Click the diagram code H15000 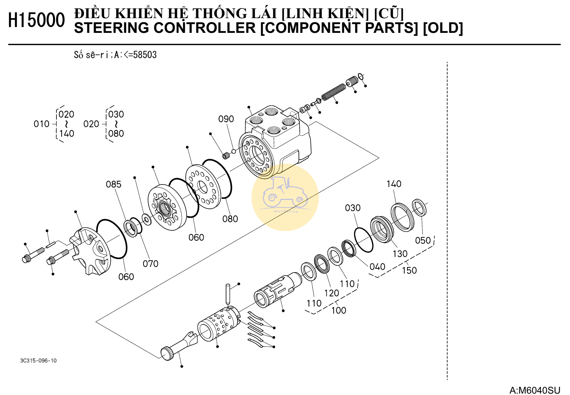pos(36,20)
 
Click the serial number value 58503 pos(145,55)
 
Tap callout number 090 pos(226,119)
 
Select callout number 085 pos(113,184)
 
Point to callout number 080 pos(230,219)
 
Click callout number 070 pos(150,264)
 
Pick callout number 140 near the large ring pos(394,184)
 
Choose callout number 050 pos(423,241)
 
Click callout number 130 pos(400,254)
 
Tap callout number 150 pos(409,271)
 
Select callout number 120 pos(331,293)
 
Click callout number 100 pos(338,310)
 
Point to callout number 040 pos(377,267)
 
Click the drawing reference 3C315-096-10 pos(38,361)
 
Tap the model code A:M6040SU pos(534,390)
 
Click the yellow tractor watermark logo pos(285,197)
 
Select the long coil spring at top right pos(334,92)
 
